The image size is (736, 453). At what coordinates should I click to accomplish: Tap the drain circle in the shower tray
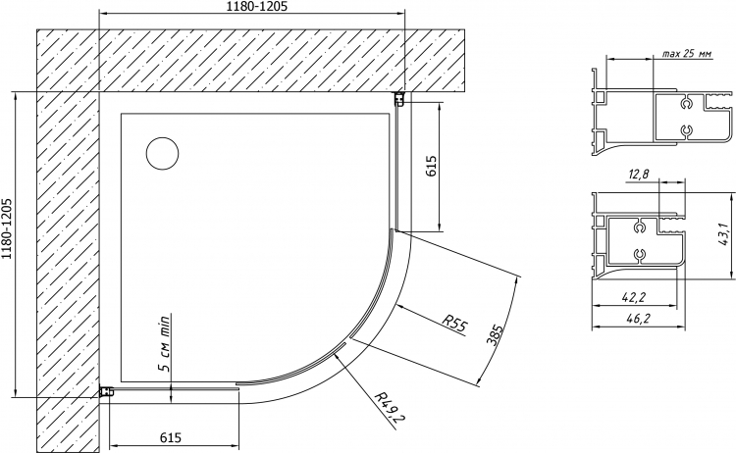pos(162,154)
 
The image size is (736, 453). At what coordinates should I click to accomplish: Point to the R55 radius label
pos(455,324)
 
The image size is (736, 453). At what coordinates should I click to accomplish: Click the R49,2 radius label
pos(391,406)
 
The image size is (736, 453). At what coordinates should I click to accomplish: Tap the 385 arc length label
pos(495,334)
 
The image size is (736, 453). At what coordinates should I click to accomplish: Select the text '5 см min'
pos(164,343)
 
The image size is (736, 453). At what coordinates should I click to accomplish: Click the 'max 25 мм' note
pos(687,54)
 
